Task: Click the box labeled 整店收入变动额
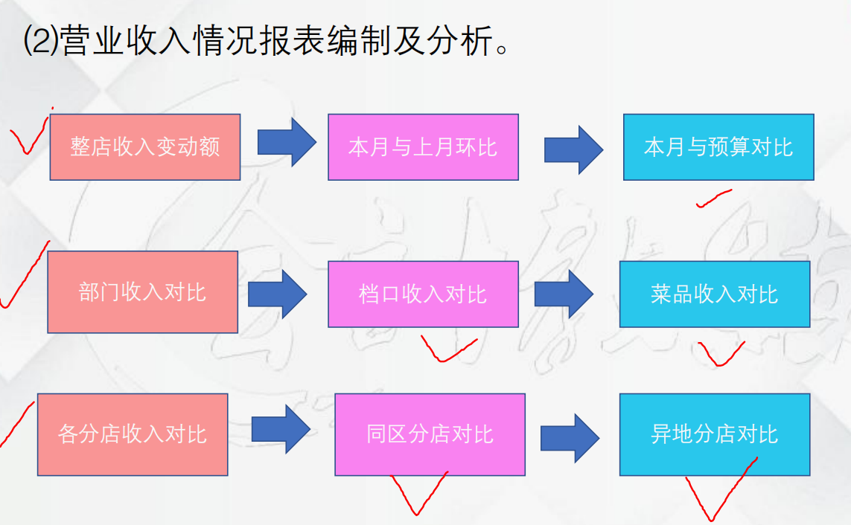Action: pos(144,147)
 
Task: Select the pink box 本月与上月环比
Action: pos(423,147)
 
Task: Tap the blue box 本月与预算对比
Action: pos(718,147)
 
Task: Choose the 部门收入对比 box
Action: pos(142,292)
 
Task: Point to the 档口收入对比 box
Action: pos(423,294)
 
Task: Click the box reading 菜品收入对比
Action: pos(714,294)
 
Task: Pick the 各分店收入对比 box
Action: pos(132,434)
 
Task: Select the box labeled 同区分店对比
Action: pos(430,434)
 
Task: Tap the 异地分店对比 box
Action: pos(714,434)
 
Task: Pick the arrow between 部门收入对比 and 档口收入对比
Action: pos(277,294)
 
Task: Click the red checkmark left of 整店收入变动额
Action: pos(28,138)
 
